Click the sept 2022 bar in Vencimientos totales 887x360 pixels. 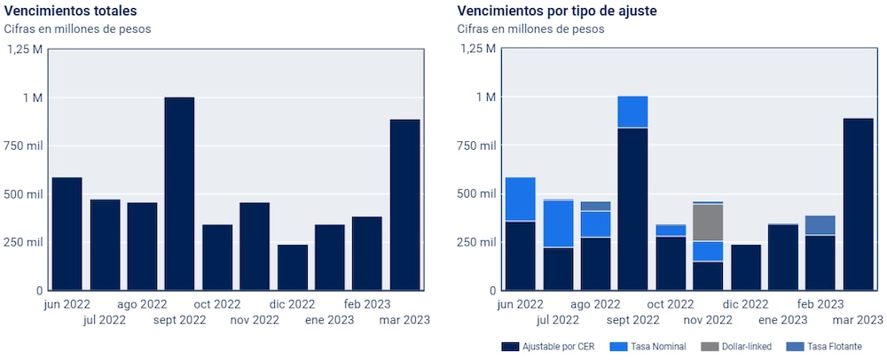point(179,193)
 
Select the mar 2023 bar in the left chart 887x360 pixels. point(404,204)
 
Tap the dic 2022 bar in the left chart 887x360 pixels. point(292,267)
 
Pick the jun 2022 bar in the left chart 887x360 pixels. point(67,233)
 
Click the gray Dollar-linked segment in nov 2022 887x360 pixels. point(708,223)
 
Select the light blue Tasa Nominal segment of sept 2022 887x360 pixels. point(632,112)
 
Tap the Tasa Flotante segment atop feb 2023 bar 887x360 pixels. point(820,224)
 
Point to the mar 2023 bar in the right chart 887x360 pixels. point(858,204)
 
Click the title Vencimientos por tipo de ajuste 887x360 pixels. point(556,11)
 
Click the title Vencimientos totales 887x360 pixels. point(71,11)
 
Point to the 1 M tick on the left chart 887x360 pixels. point(31,97)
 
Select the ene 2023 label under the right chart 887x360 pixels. point(781,320)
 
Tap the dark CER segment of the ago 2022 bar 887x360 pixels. point(595,263)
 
